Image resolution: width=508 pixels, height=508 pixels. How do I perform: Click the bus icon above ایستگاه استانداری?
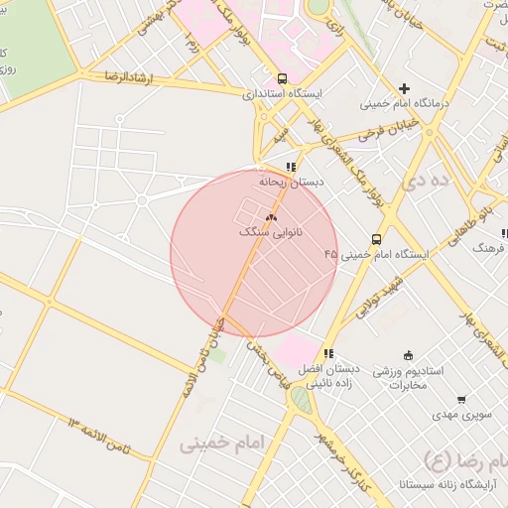[283, 77]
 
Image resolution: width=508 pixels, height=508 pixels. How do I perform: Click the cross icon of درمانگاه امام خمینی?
[404, 88]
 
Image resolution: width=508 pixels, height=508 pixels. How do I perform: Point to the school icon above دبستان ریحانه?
[290, 167]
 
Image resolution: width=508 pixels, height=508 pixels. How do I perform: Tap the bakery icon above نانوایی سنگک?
[272, 216]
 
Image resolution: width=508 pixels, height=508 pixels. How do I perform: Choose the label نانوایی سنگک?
[271, 231]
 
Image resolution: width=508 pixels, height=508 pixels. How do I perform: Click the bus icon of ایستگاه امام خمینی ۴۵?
[376, 239]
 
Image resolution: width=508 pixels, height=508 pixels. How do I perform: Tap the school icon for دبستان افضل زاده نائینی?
[328, 353]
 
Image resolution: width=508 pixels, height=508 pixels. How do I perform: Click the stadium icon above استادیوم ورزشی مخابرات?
[408, 355]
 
